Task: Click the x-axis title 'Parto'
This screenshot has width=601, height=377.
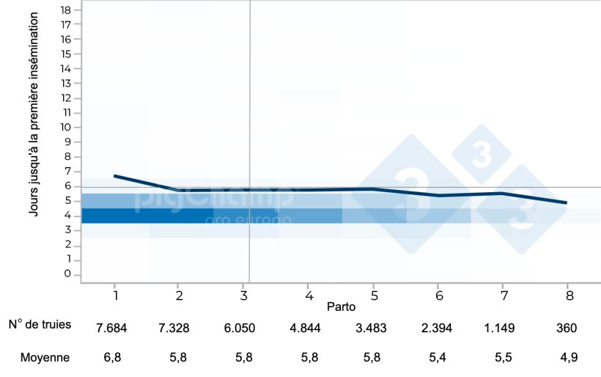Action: pos(342,304)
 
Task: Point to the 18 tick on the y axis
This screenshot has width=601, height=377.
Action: pos(66,10)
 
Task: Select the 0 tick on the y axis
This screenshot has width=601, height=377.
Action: pos(67,274)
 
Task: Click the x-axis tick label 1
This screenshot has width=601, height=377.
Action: pos(116,293)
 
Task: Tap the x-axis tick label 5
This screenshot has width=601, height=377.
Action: pos(374,293)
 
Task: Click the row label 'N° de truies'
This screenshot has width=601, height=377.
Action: pos(40,325)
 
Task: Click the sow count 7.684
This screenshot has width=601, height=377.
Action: pos(111,327)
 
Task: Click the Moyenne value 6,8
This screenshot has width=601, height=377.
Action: pos(112,358)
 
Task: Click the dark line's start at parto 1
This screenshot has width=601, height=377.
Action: pos(116,176)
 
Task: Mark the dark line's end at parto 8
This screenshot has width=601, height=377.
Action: pos(567,202)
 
